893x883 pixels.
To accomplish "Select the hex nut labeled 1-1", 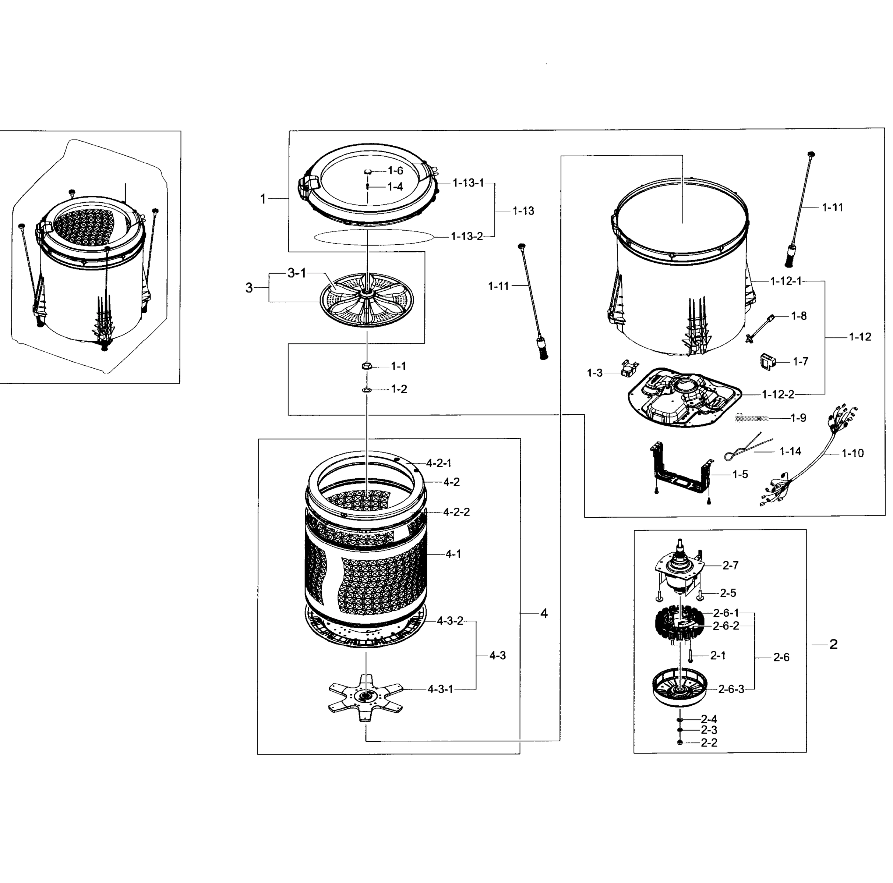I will [367, 366].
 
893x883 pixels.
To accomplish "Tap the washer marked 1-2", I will [367, 390].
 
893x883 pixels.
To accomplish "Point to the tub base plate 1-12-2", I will [684, 397].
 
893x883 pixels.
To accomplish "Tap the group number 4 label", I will [544, 613].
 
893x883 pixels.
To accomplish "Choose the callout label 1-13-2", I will [467, 237].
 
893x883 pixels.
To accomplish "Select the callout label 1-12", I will [860, 337].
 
